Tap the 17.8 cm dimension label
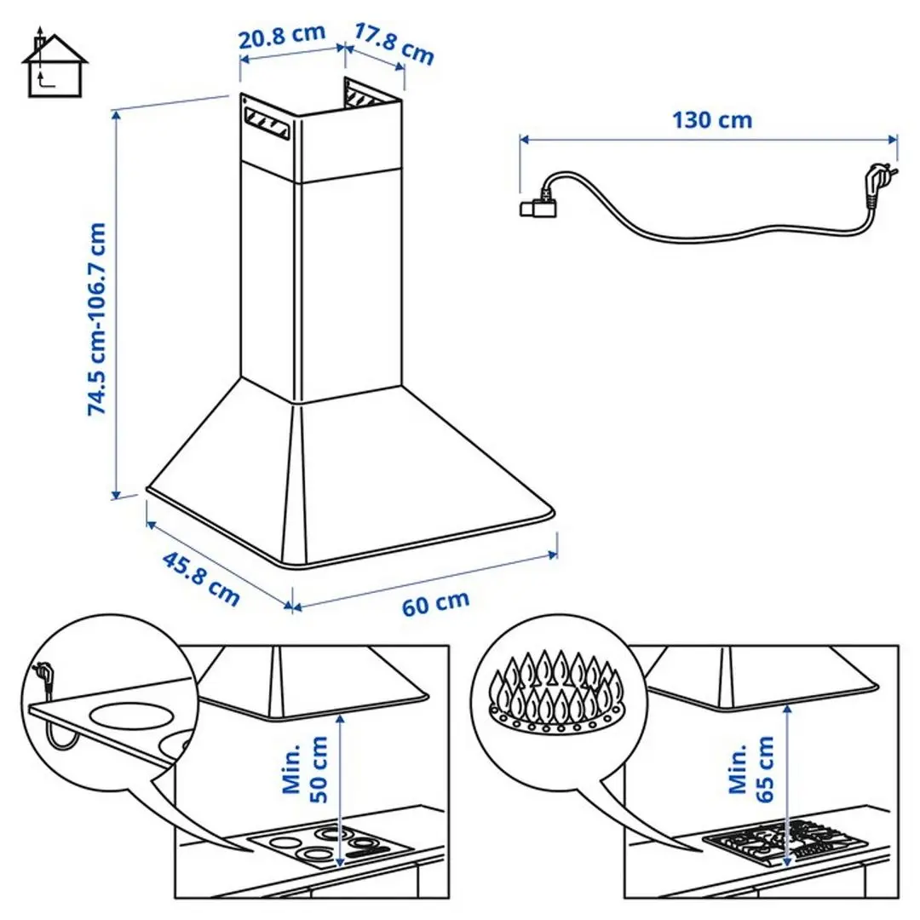tap(394, 44)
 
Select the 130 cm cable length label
tap(712, 119)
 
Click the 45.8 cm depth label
tap(201, 579)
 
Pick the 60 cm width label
tap(435, 603)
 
